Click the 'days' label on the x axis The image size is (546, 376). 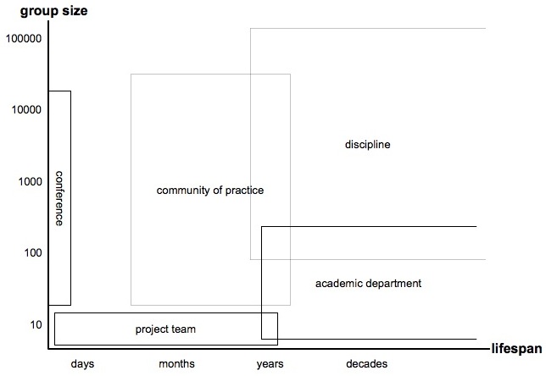click(x=82, y=364)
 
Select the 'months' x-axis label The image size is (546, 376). click(x=176, y=364)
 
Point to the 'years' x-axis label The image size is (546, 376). click(x=270, y=364)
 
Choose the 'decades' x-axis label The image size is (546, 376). click(x=366, y=364)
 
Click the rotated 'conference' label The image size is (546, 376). click(x=59, y=198)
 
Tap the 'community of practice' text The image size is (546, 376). click(x=210, y=191)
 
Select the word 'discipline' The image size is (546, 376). click(x=367, y=145)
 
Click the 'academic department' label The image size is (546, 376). click(x=368, y=284)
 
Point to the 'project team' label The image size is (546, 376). click(x=165, y=329)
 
